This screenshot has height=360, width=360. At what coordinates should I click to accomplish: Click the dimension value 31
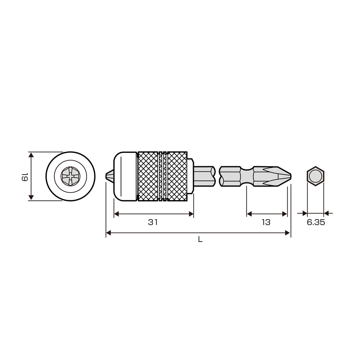153,222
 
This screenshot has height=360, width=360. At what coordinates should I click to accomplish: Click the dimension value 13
266,222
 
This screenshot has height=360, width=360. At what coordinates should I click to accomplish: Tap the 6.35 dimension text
316,222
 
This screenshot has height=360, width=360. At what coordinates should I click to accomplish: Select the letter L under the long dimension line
200,240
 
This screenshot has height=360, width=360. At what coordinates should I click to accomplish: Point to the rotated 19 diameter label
25,176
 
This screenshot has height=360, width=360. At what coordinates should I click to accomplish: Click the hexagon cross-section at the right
315,176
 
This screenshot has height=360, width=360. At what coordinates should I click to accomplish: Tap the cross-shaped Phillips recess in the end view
70,176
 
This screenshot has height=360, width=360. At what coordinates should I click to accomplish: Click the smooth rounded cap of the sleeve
125,176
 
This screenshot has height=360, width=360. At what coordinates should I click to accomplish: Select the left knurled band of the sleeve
148,176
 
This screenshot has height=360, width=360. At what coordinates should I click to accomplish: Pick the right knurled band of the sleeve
177,176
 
